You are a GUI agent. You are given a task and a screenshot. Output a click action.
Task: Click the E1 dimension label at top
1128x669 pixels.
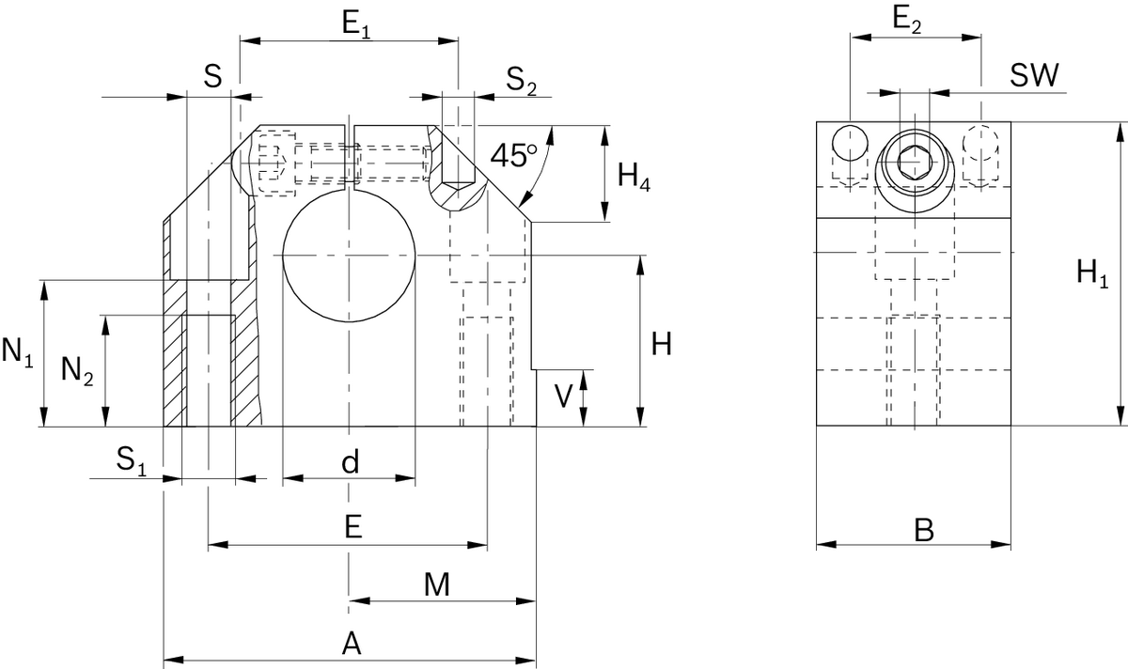coord(356,24)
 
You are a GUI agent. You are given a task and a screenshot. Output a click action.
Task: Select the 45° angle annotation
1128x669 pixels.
coord(513,155)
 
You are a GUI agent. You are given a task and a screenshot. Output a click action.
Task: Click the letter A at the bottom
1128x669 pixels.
coord(351,644)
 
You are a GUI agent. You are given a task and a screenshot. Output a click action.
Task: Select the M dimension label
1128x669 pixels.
coord(435,585)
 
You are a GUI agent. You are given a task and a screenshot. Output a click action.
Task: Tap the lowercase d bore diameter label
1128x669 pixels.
coord(350,461)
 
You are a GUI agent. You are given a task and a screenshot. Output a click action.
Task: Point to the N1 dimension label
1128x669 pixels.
coord(18,352)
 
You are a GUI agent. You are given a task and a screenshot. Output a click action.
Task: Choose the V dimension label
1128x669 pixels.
coord(562,397)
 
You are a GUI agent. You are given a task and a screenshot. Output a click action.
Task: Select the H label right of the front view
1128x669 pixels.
coord(661,345)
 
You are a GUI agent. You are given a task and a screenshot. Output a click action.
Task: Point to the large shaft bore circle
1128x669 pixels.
coord(350,256)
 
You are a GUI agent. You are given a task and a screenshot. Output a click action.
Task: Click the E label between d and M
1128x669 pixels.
coord(352,527)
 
